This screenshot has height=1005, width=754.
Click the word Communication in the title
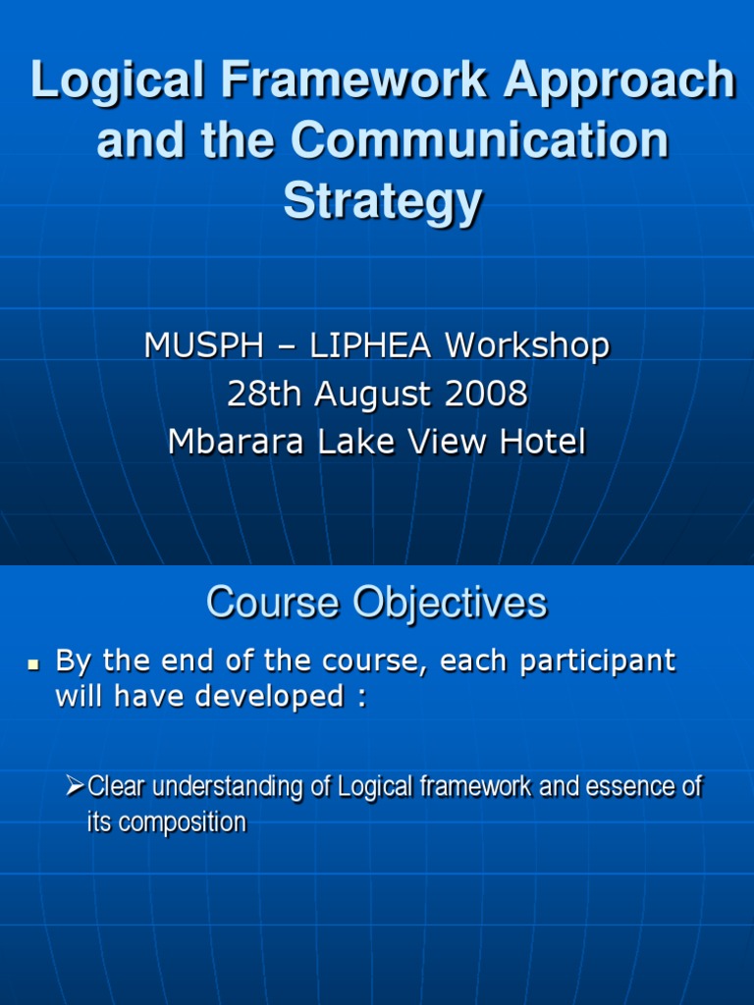click(x=482, y=141)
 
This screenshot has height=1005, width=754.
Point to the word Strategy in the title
click(x=383, y=202)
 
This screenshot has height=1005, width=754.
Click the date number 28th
click(x=263, y=394)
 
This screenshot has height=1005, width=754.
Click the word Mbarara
click(x=232, y=442)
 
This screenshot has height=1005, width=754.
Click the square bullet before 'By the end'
click(x=31, y=664)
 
